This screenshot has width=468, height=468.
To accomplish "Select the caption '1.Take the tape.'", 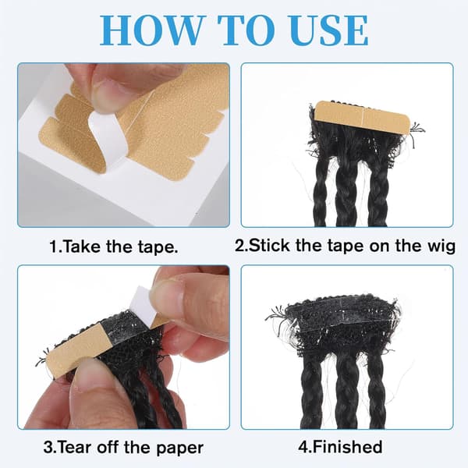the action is tap(114, 246).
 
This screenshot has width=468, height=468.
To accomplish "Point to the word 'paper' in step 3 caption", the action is tap(180, 448).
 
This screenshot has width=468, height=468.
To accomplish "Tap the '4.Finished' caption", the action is tap(340, 447).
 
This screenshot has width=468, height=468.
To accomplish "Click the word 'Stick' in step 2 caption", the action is tap(268, 246).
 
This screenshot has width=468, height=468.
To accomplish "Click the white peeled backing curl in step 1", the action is tap(107, 136).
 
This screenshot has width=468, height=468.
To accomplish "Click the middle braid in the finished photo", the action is tap(347, 391).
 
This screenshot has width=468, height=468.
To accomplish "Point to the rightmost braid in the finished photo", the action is tap(376, 391).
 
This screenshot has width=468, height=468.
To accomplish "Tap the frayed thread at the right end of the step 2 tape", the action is tap(417, 131).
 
